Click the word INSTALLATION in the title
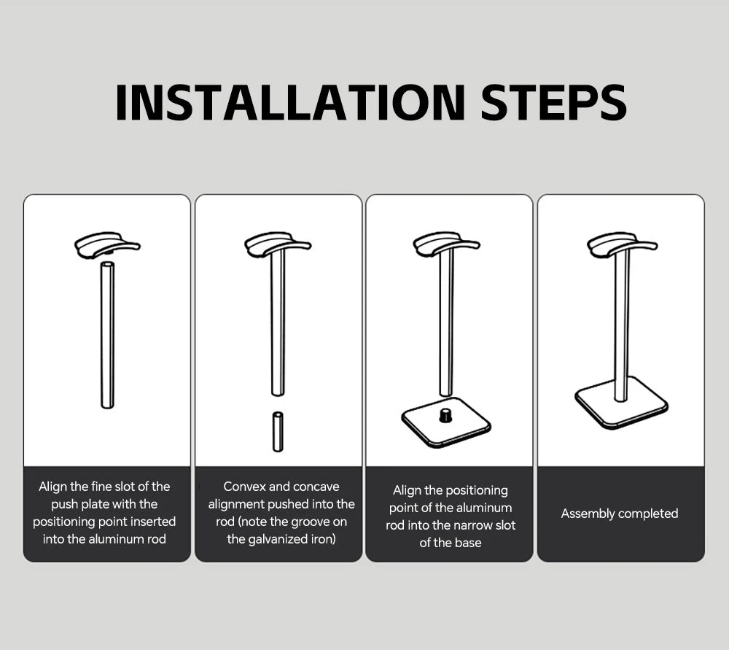click(x=289, y=103)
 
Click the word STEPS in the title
click(x=554, y=103)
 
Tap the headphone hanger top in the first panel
click(x=106, y=244)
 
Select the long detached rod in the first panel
click(x=107, y=336)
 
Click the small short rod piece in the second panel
click(x=278, y=432)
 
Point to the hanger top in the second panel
click(x=277, y=244)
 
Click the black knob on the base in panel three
click(x=445, y=415)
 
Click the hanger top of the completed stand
click(x=621, y=244)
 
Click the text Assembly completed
click(x=620, y=514)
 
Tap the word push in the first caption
click(x=64, y=504)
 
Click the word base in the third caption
click(x=467, y=543)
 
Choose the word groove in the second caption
click(x=310, y=522)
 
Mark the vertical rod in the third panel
click(x=445, y=321)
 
